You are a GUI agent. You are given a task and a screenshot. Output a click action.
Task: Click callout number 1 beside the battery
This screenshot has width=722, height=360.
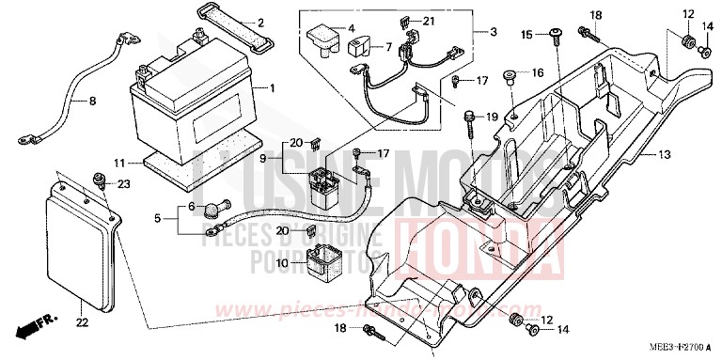(272, 88)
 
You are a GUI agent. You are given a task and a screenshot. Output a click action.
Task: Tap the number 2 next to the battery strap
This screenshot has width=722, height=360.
(260, 23)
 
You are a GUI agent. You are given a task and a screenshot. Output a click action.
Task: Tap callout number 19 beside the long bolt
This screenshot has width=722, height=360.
(492, 117)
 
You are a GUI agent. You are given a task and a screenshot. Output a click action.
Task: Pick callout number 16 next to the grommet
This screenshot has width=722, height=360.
(540, 72)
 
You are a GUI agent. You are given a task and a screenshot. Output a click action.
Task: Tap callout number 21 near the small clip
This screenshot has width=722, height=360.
(430, 21)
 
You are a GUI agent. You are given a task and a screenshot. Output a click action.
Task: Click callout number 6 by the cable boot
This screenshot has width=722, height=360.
(191, 207)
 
